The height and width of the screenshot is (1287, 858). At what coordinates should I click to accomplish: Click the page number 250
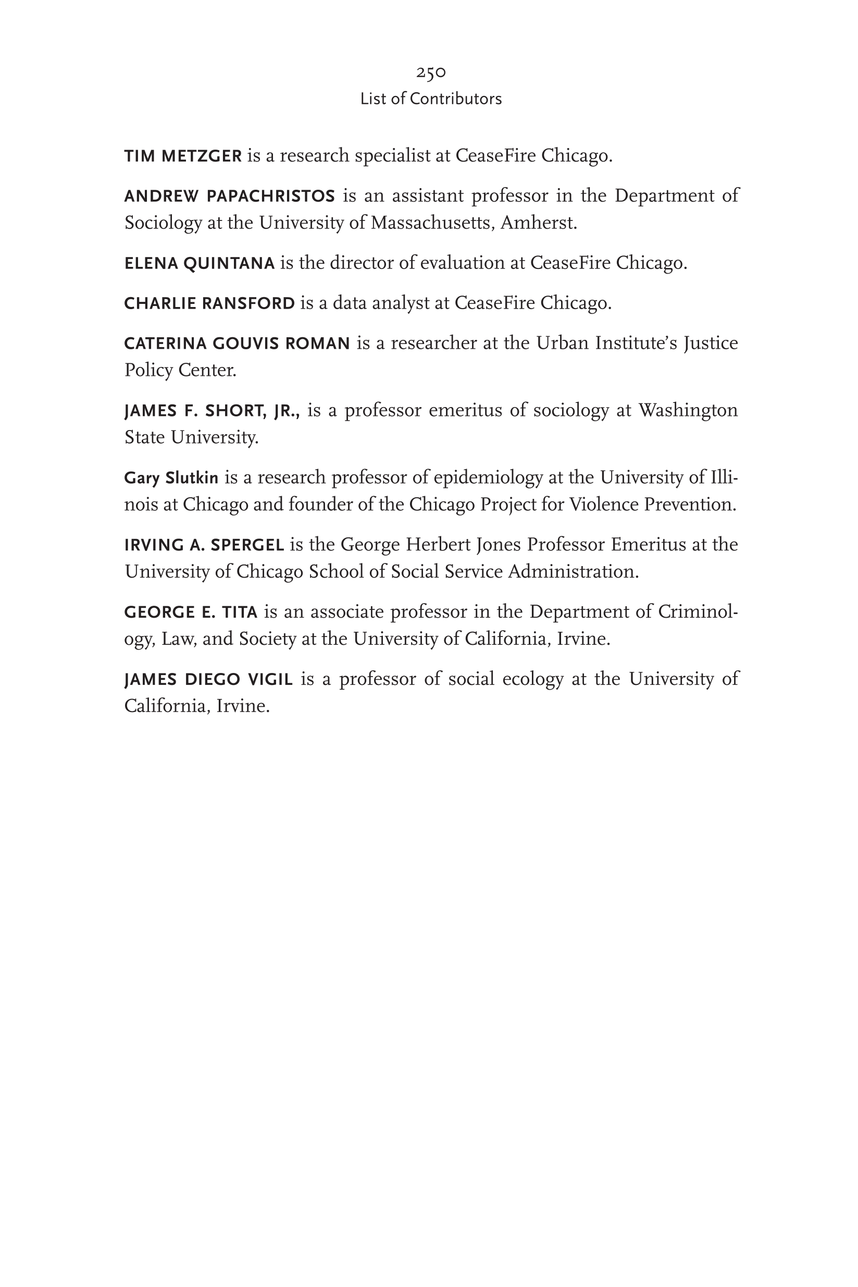point(431,72)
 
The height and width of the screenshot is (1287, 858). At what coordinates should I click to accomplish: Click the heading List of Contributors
point(431,99)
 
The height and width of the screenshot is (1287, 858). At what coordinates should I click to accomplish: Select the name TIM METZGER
point(183,156)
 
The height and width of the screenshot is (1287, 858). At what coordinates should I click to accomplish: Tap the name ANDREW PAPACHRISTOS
point(229,196)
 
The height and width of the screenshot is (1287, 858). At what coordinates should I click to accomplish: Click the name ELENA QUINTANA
point(199,264)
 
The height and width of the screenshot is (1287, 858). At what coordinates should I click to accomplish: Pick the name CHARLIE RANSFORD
point(209,303)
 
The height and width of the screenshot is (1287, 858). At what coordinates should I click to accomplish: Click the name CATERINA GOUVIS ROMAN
point(237,344)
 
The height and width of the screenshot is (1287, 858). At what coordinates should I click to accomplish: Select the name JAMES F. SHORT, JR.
point(212,411)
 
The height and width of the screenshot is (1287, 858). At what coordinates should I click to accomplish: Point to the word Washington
point(688,411)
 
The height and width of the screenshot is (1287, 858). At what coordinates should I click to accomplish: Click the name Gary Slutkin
point(171,479)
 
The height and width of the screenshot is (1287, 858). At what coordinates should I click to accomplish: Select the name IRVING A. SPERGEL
point(204,545)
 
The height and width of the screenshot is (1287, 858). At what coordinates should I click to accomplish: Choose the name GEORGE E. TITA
point(191,612)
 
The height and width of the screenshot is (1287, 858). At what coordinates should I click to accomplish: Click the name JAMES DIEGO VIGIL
point(208,680)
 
